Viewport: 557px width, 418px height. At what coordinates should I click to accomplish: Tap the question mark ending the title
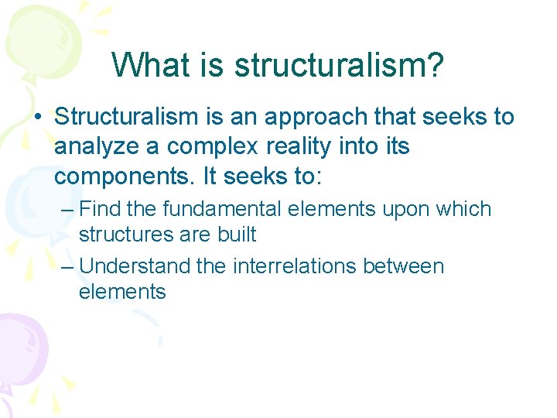(x=436, y=65)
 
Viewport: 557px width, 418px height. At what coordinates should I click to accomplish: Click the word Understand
(x=135, y=266)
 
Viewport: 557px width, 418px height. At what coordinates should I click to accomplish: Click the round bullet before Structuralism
(x=40, y=118)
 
